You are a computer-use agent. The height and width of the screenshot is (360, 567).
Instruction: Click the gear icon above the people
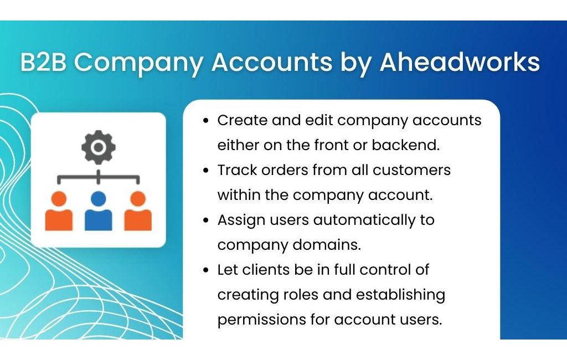[x=99, y=147]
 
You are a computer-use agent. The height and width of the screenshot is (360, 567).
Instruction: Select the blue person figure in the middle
[x=99, y=211]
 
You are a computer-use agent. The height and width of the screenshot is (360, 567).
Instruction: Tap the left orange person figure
[x=59, y=211]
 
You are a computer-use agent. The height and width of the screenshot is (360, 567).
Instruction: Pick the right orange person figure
[x=138, y=211]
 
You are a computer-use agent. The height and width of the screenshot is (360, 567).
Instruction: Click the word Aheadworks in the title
[x=460, y=62]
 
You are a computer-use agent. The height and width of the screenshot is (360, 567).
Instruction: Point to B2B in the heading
[x=43, y=62]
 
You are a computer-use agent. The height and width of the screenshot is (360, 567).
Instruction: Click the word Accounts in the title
[x=271, y=62]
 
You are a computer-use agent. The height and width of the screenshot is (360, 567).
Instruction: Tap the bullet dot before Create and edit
[x=206, y=121]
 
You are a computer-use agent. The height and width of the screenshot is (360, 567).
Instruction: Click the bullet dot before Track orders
[x=206, y=170]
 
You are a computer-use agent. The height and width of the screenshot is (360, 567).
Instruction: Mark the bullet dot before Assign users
[x=206, y=220]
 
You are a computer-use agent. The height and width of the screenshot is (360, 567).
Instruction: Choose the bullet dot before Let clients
[x=206, y=270]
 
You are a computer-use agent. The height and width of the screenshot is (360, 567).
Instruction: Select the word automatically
[x=364, y=220]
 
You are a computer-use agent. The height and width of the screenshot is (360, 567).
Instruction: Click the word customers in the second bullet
[x=411, y=170]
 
